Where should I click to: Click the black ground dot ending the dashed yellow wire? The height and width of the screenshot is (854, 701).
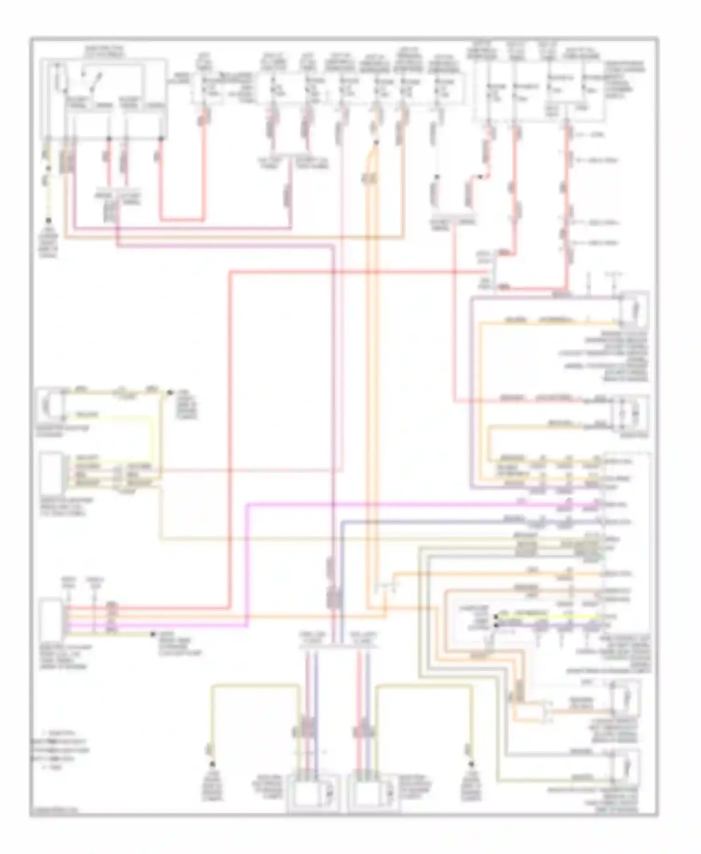pyautogui.click(x=48, y=220)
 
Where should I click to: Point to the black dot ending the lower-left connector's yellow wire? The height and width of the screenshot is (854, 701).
pyautogui.click(x=153, y=634)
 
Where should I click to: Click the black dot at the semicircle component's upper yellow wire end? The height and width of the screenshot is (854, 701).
pyautogui.click(x=170, y=393)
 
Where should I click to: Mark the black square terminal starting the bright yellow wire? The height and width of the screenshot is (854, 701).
pyautogui.click(x=496, y=617)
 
